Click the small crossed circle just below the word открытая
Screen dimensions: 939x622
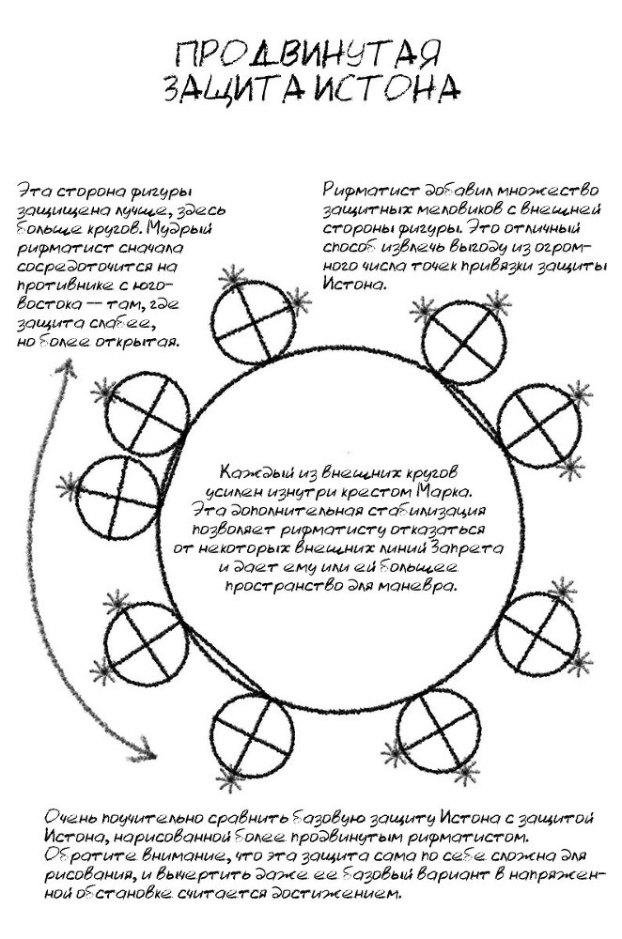tap(134, 416)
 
